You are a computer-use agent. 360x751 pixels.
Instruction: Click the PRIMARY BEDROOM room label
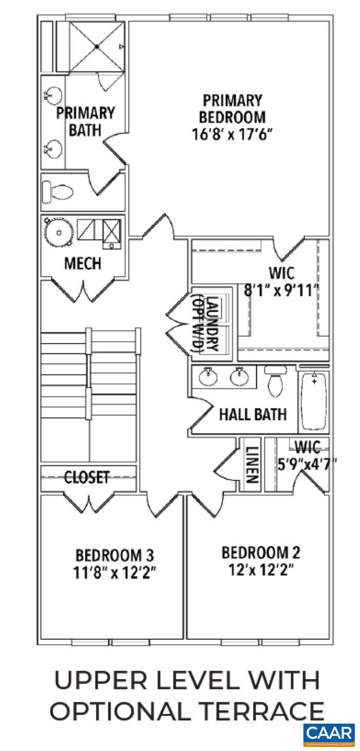point(232,108)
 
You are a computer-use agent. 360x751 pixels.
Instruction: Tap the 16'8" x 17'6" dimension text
point(232,136)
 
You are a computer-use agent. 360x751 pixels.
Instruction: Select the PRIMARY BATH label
point(85,121)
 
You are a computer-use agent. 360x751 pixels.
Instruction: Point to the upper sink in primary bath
point(53,96)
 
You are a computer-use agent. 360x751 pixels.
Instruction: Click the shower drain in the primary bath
point(97,47)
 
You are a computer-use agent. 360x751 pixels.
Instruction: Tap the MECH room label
point(82,264)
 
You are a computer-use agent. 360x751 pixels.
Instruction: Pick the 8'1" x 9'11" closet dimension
point(281,291)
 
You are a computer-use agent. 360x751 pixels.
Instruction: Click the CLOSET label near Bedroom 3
point(87,477)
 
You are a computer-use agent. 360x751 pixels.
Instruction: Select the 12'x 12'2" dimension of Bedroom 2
point(261,570)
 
